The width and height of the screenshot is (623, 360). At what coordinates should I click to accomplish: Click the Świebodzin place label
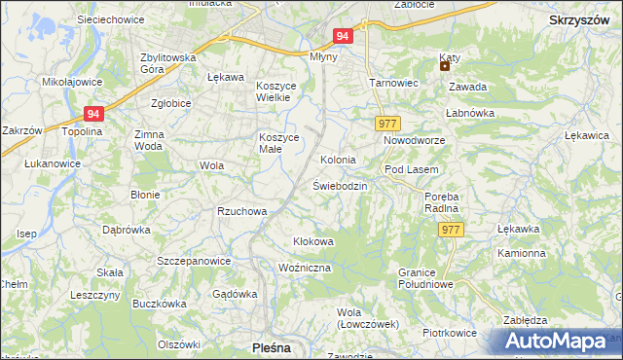[x=340, y=185]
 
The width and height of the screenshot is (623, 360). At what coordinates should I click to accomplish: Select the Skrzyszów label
[x=580, y=19]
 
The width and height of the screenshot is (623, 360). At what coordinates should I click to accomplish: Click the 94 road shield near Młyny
[x=342, y=36]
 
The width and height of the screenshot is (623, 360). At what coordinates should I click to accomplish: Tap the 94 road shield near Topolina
[x=93, y=114]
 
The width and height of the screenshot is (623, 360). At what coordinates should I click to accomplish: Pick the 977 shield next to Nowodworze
[x=386, y=124]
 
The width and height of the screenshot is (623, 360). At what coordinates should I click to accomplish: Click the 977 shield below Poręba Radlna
[x=450, y=230]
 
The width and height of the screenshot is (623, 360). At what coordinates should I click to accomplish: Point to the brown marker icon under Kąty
[x=445, y=67]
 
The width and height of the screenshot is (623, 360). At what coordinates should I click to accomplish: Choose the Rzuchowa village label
[x=242, y=211]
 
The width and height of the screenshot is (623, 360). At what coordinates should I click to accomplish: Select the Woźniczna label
[x=305, y=268]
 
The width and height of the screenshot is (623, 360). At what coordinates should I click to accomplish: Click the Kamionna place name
[x=522, y=253]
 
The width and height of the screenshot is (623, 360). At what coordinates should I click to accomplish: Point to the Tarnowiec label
[x=392, y=83]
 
